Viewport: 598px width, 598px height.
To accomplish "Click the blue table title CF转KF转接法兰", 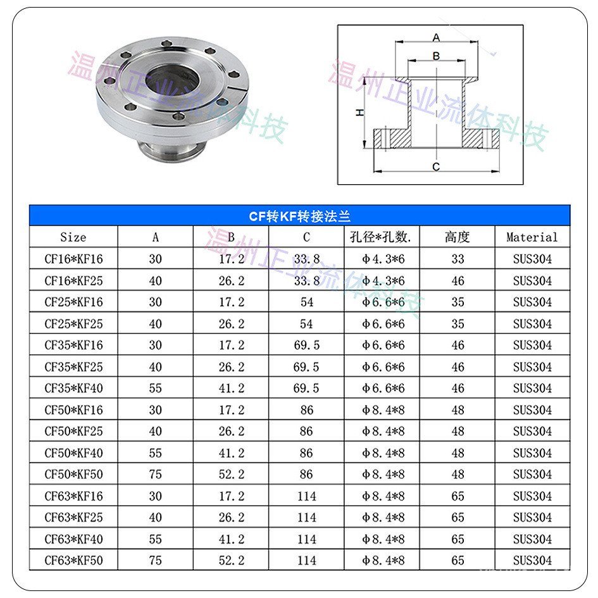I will click(x=299, y=216).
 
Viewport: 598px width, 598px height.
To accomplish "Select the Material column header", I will click(x=532, y=237).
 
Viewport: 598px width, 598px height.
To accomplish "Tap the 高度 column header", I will click(x=458, y=237).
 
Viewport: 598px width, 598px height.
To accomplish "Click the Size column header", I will click(x=73, y=237).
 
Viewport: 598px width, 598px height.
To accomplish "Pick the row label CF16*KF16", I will click(x=73, y=259).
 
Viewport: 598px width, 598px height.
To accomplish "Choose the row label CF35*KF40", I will click(x=73, y=388).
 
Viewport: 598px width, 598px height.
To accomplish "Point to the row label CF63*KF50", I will click(x=73, y=560).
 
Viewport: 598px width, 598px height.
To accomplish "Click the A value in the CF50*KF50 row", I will click(x=155, y=474).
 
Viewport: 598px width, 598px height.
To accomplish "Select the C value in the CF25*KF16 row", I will click(x=307, y=302).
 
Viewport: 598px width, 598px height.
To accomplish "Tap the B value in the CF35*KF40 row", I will click(x=232, y=388).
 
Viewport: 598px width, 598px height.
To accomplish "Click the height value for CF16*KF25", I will click(x=458, y=280).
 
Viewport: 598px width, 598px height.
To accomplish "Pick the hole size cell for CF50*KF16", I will click(x=382, y=409).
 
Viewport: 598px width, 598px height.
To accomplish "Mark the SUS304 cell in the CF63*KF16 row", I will click(x=532, y=495).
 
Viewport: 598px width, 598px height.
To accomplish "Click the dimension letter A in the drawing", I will click(x=436, y=37).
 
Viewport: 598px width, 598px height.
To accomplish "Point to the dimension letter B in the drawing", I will click(x=436, y=56).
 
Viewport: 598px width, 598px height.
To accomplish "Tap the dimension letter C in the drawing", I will click(x=436, y=166).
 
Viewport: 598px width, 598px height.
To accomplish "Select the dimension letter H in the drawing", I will click(x=359, y=113).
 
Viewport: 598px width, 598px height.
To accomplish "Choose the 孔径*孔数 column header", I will click(x=382, y=237).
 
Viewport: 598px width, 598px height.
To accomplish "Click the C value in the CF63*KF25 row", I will click(x=307, y=517).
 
